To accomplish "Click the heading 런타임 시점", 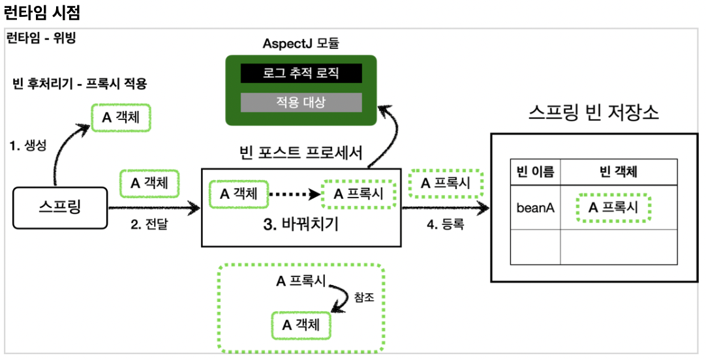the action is tap(42, 12).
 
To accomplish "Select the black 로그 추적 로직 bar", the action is tap(301, 73).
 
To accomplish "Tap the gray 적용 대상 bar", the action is tap(301, 102).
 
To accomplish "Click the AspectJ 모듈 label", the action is tap(301, 44).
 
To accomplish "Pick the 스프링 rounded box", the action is tap(60, 208).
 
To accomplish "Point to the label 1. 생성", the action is tap(28, 145).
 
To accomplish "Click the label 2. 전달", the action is tap(149, 224).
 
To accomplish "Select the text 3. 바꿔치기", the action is tap(301, 224).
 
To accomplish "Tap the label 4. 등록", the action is tap(445, 224).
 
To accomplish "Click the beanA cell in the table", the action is tap(535, 208).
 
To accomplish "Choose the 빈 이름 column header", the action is tap(535, 172).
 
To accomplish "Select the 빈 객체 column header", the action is tap(619, 172).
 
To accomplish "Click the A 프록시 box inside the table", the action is tap(614, 207).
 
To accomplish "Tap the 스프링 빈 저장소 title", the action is tap(594, 112).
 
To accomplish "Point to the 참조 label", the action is tap(364, 297).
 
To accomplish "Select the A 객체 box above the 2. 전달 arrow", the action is tap(149, 183).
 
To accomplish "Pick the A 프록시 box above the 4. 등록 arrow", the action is tap(446, 183).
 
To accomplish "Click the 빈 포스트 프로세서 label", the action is tap(301, 153).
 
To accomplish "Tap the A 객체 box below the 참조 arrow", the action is tap(301, 325).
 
